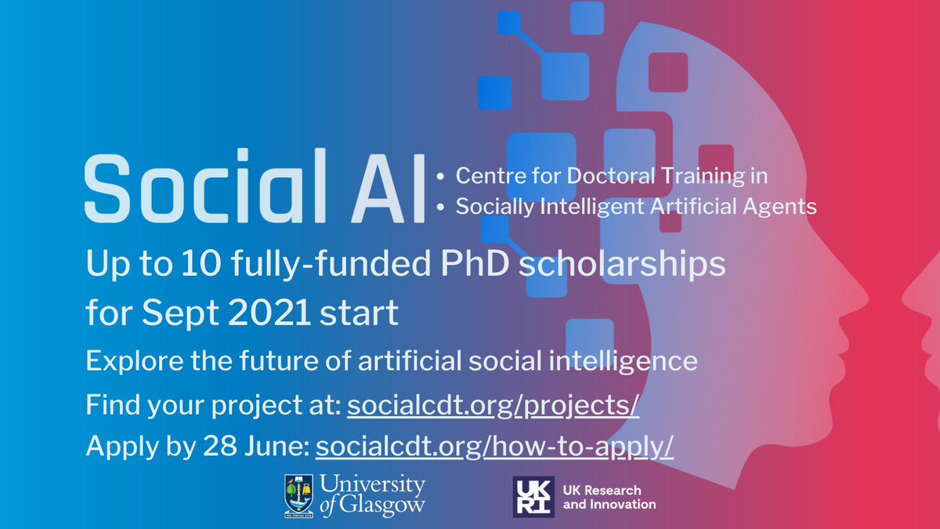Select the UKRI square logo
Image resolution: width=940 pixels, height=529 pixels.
click(x=533, y=496)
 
